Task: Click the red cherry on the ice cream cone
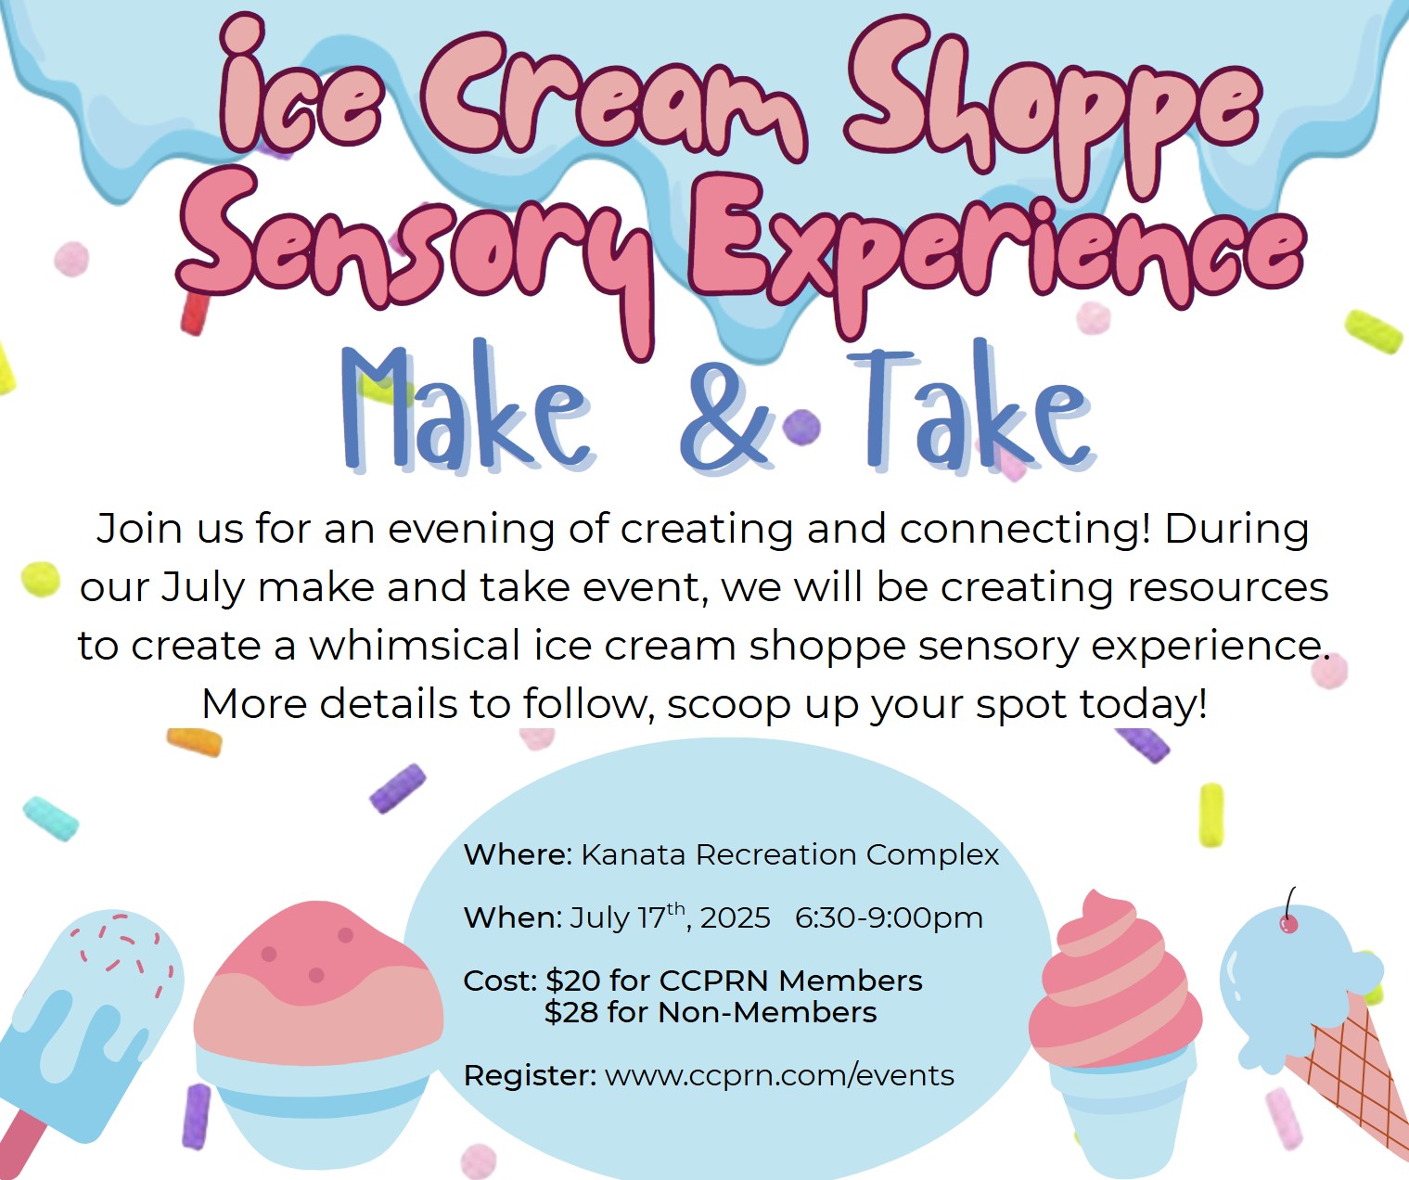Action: pyautogui.click(x=1288, y=923)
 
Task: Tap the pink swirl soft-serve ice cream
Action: pyautogui.click(x=1115, y=979)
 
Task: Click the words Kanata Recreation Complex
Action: pyautogui.click(x=789, y=855)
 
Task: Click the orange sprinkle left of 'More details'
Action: pyautogui.click(x=195, y=742)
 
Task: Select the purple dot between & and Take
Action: pyautogui.click(x=801, y=428)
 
